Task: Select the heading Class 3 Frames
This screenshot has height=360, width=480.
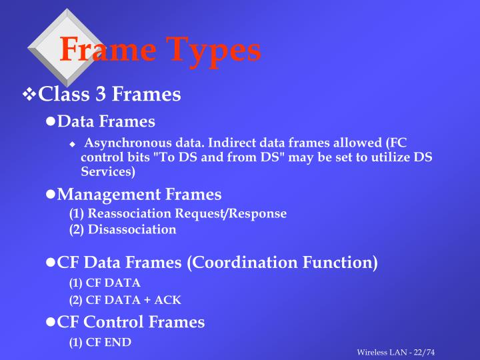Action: tap(110, 95)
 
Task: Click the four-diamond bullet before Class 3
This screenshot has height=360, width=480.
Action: tap(30, 95)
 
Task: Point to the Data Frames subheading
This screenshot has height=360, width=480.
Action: tap(106, 121)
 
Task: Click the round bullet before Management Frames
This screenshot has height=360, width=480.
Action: tap(50, 195)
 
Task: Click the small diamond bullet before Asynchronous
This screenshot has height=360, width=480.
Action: tap(73, 144)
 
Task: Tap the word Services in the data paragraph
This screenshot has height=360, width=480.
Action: tap(107, 171)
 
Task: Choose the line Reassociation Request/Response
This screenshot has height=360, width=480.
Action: tap(178, 213)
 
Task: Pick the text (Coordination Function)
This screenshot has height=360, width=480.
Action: tap(282, 263)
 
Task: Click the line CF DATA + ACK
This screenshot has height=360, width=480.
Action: tap(125, 299)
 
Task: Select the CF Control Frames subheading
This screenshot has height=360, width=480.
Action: tap(131, 323)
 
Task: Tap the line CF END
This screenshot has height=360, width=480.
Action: tap(100, 342)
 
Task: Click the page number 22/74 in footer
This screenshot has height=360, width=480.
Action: tap(431, 352)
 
